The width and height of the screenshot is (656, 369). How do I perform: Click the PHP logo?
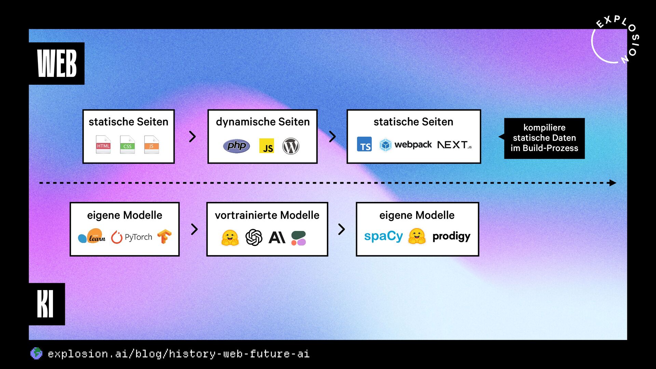pos(236,146)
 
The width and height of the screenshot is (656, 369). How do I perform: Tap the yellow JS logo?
pos(266,146)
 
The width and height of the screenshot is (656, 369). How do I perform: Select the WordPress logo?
pos(291,146)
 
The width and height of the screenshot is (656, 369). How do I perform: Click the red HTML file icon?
pos(103,145)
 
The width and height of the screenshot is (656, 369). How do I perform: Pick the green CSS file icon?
pos(127,145)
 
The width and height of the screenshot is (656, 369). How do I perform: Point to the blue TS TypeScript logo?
pos(364,144)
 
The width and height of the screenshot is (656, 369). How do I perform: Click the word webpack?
pos(413,145)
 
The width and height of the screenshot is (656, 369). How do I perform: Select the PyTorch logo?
pos(132,237)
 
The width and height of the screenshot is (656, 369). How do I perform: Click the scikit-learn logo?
pos(92,236)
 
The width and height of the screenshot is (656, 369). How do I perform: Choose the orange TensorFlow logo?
pos(164,236)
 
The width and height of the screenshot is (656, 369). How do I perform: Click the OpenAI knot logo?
pos(254,237)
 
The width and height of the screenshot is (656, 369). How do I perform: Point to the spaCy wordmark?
pos(383,236)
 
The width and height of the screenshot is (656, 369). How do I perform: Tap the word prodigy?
pos(451,236)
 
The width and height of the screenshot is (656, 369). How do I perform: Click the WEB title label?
pos(57,64)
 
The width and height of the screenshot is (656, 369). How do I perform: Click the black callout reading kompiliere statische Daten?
pos(544,138)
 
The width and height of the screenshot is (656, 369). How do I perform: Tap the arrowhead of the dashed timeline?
pos(613,183)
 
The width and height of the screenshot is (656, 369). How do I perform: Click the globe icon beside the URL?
pos(36,353)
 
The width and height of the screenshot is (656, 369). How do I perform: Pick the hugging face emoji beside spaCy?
pos(417,236)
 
